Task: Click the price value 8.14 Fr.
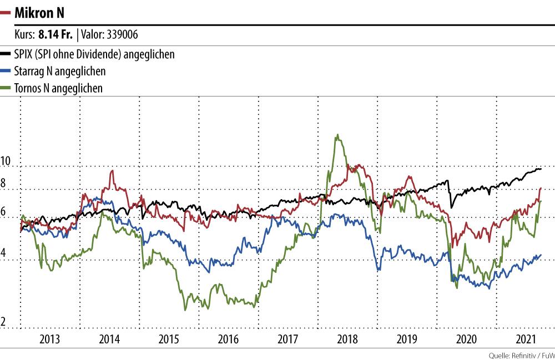pyautogui.click(x=55, y=35)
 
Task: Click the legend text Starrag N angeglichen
pyautogui.click(x=60, y=71)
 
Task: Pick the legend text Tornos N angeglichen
pyautogui.click(x=59, y=88)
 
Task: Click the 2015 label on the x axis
pyautogui.click(x=169, y=339)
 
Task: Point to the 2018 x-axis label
pyautogui.click(x=347, y=339)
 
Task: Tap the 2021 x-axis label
pyautogui.click(x=525, y=339)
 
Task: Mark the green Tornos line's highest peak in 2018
pyautogui.click(x=337, y=135)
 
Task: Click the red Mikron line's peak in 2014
pyautogui.click(x=112, y=171)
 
